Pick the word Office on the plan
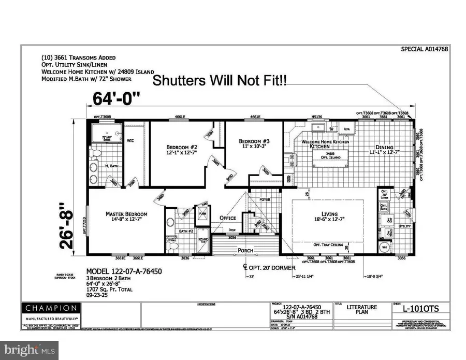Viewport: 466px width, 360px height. tap(227, 218)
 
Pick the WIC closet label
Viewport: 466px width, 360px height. tap(130, 140)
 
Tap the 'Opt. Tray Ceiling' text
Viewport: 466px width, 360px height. tap(328, 244)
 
